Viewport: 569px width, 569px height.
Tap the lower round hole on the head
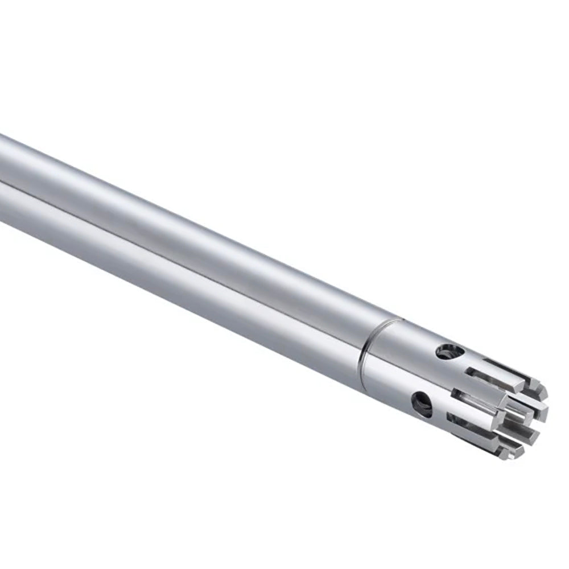click(x=422, y=403)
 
